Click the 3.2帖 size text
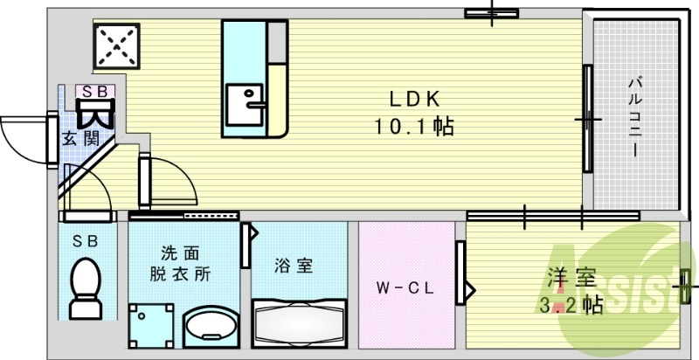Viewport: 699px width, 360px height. [x=572, y=305]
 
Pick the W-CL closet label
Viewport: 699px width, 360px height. [x=406, y=287]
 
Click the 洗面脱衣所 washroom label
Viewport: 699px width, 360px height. [x=179, y=261]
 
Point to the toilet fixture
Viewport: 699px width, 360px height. [x=86, y=288]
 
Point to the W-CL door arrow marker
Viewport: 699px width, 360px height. [x=470, y=286]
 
